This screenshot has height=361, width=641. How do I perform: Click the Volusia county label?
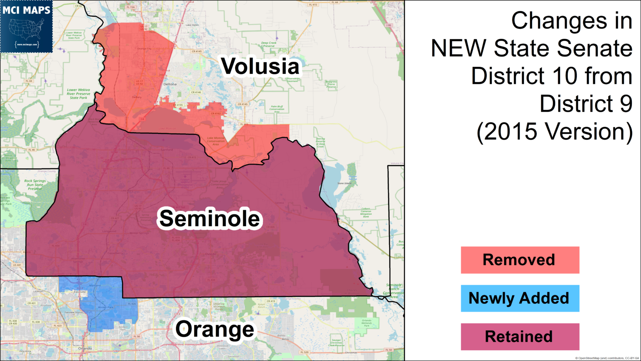260,67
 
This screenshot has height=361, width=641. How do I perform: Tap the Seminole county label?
209,219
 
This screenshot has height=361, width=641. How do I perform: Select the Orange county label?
215,330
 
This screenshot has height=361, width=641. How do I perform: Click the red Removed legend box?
520,260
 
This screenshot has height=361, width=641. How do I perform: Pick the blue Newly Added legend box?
520,298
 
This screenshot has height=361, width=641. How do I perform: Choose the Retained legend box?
520,337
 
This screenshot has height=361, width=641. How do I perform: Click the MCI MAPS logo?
26,26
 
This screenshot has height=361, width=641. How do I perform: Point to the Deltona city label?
170,84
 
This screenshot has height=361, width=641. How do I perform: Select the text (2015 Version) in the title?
555,132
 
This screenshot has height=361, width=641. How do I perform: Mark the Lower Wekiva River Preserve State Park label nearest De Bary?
78,94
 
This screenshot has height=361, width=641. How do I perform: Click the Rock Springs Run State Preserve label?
35,185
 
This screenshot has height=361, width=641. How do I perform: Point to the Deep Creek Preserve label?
269,44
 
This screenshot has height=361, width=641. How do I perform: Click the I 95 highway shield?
389,25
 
